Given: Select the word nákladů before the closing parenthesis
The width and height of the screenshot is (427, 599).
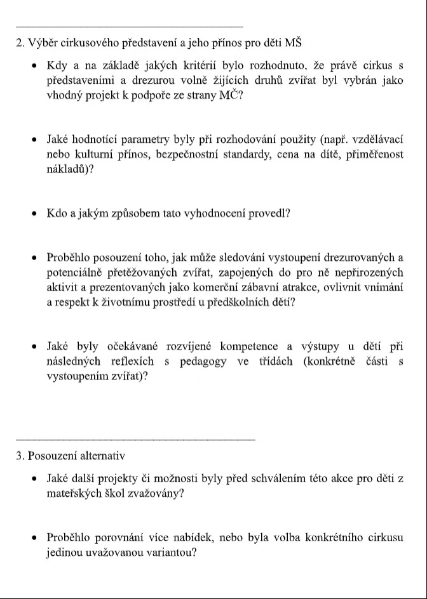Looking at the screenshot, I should pyautogui.click(x=65, y=169).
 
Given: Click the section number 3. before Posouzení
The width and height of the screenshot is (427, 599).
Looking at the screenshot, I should pyautogui.click(x=20, y=456).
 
